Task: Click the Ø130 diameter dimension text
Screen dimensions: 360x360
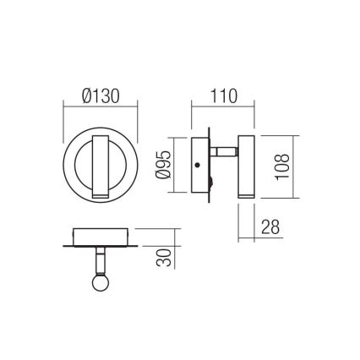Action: click(101, 95)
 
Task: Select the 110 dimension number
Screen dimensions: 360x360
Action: click(224, 95)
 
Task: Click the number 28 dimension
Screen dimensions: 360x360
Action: click(270, 226)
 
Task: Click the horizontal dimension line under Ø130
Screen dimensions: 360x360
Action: click(101, 106)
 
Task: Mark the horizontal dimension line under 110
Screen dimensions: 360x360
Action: click(224, 106)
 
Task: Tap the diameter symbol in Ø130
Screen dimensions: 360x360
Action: click(88, 95)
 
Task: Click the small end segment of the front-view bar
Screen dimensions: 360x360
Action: click(101, 195)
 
